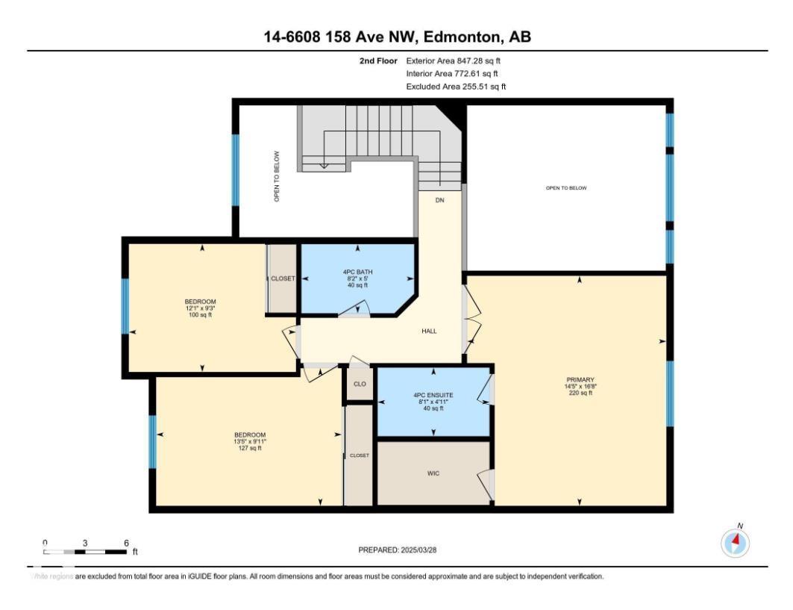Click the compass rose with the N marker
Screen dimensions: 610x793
pos(735,543)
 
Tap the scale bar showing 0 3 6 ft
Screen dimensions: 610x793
pos(85,551)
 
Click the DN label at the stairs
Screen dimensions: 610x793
pos(439,200)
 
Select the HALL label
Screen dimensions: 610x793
pos(429,331)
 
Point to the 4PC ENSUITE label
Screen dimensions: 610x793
pos(433,394)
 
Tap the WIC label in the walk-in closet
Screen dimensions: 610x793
pos(433,473)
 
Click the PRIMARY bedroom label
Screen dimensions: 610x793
pos(580,379)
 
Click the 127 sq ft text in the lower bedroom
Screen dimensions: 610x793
pos(250,448)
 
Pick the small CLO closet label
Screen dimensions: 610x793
pos(360,384)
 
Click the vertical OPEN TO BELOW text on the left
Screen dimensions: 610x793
pos(276,176)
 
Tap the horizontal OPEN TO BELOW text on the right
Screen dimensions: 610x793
pos(566,188)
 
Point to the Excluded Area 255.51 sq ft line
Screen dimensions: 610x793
pos(456,87)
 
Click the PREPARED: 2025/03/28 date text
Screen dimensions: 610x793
pos(398,550)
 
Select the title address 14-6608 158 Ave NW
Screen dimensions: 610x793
pos(397,37)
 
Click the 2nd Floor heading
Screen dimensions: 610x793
pos(377,60)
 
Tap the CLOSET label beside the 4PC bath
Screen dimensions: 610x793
pos(283,278)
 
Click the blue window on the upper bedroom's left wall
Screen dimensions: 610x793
pos(125,306)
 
